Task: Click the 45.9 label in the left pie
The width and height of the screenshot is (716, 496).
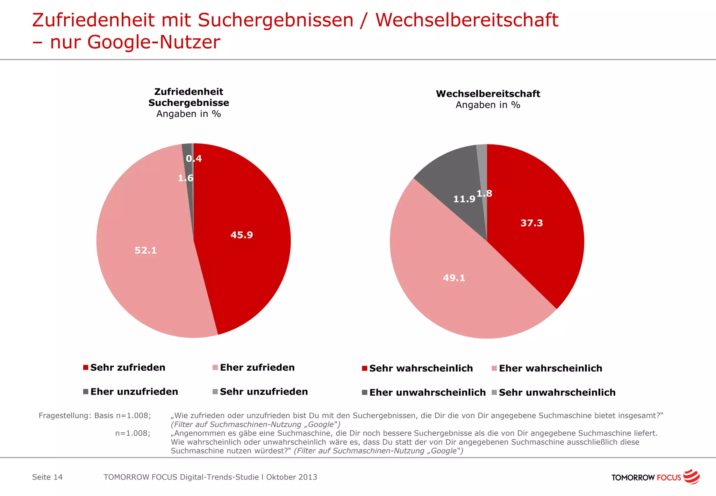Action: [242, 235]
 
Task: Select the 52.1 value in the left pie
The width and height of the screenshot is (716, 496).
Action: [145, 250]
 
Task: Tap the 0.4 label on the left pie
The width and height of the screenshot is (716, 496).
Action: [194, 159]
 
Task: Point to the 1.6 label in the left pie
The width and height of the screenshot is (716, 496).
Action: [185, 178]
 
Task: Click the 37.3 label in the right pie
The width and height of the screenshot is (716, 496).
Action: [531, 223]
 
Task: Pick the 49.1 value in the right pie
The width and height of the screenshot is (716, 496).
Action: [454, 278]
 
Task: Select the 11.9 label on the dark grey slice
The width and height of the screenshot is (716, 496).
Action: [464, 199]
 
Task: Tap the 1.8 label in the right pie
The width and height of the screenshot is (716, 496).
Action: [485, 193]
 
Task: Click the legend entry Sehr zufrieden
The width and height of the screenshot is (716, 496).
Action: [128, 368]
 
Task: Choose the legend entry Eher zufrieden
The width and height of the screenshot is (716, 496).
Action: [257, 368]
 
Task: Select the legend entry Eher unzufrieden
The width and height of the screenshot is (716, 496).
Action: [134, 392]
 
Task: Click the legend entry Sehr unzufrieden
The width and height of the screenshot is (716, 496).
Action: [264, 392]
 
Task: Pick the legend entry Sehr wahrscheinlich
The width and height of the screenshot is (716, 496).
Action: [421, 368]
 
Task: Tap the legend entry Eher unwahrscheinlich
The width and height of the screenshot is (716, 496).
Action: [427, 392]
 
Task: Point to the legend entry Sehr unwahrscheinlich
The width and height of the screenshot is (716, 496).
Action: [557, 392]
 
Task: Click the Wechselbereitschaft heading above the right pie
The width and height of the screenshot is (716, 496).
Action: [488, 94]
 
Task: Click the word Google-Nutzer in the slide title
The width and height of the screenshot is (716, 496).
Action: [154, 42]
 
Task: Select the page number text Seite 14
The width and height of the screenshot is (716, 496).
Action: [47, 477]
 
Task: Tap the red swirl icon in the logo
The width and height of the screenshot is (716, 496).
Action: [691, 477]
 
